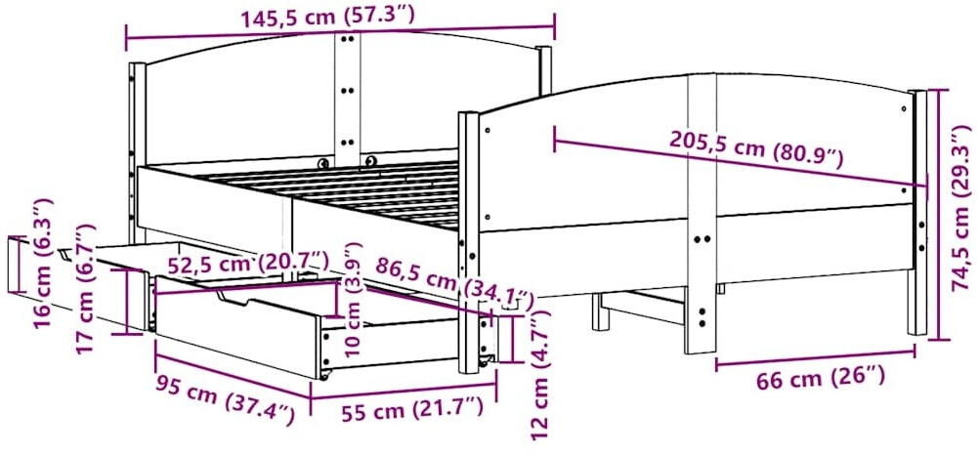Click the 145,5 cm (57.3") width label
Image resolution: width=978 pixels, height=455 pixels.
(x=327, y=17)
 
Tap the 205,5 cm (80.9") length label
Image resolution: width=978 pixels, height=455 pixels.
(x=756, y=149)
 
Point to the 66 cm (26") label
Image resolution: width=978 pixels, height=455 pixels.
(x=821, y=378)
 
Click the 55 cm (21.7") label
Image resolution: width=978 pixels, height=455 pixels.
(x=412, y=409)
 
